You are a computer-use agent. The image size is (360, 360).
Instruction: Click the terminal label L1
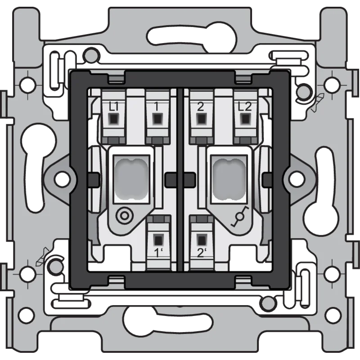113,107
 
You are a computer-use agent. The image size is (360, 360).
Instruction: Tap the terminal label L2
245,107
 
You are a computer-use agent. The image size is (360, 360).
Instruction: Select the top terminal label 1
156,107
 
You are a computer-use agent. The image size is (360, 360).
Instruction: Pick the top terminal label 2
200,107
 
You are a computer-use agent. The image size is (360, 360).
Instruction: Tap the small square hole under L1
113,119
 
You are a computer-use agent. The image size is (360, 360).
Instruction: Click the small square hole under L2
245,119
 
